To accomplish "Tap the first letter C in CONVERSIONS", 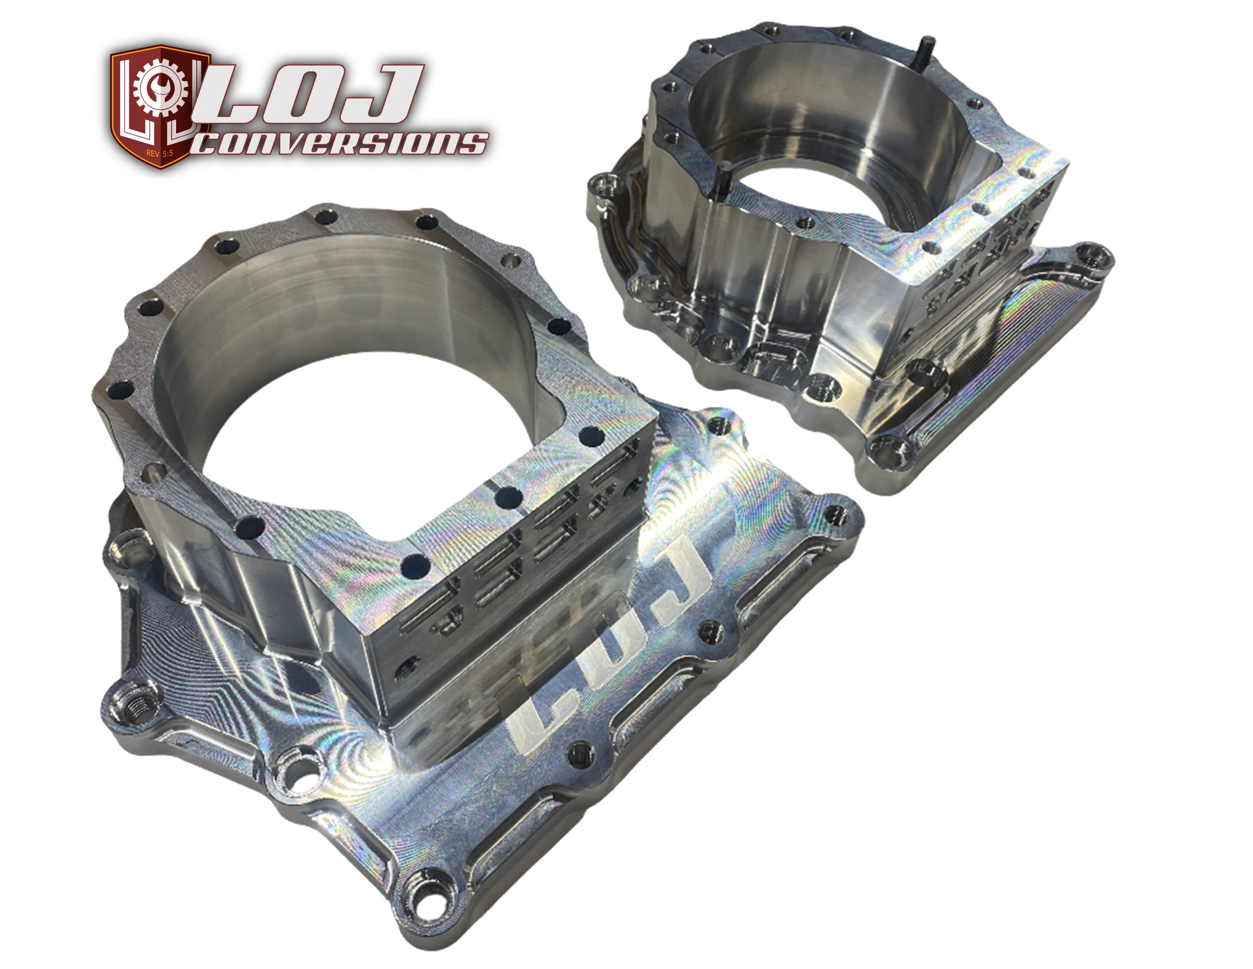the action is (211, 144).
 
